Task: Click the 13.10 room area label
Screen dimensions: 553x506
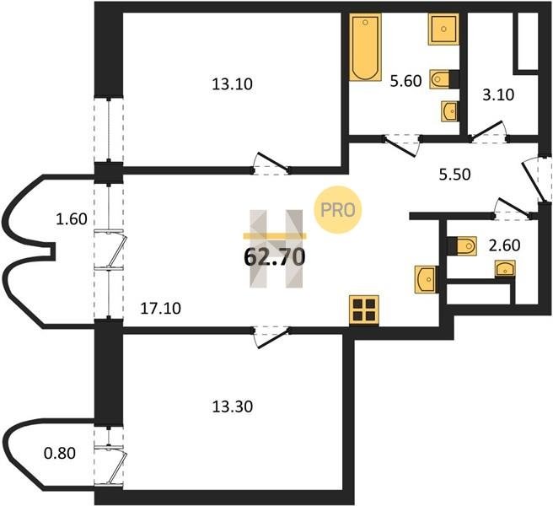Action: [232, 84]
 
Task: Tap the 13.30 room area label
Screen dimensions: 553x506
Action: [232, 406]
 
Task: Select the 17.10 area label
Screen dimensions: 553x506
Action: [160, 309]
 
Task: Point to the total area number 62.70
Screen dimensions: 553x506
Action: [274, 256]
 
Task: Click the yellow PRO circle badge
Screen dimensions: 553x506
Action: [338, 210]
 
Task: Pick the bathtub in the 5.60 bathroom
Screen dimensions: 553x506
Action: [365, 47]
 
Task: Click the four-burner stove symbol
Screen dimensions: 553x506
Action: [364, 310]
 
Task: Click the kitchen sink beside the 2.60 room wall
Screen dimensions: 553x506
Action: [427, 279]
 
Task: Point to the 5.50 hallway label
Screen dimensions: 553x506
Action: [454, 175]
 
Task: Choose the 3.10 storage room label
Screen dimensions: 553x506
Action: [498, 95]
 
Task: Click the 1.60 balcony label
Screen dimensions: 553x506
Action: [72, 219]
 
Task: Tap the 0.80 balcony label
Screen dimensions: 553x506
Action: [60, 453]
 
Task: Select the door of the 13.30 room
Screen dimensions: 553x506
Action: [271, 337]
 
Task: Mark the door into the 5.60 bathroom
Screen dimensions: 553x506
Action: [402, 145]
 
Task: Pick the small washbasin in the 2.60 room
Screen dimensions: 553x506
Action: [505, 269]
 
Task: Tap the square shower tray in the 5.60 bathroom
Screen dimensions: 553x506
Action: [443, 30]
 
